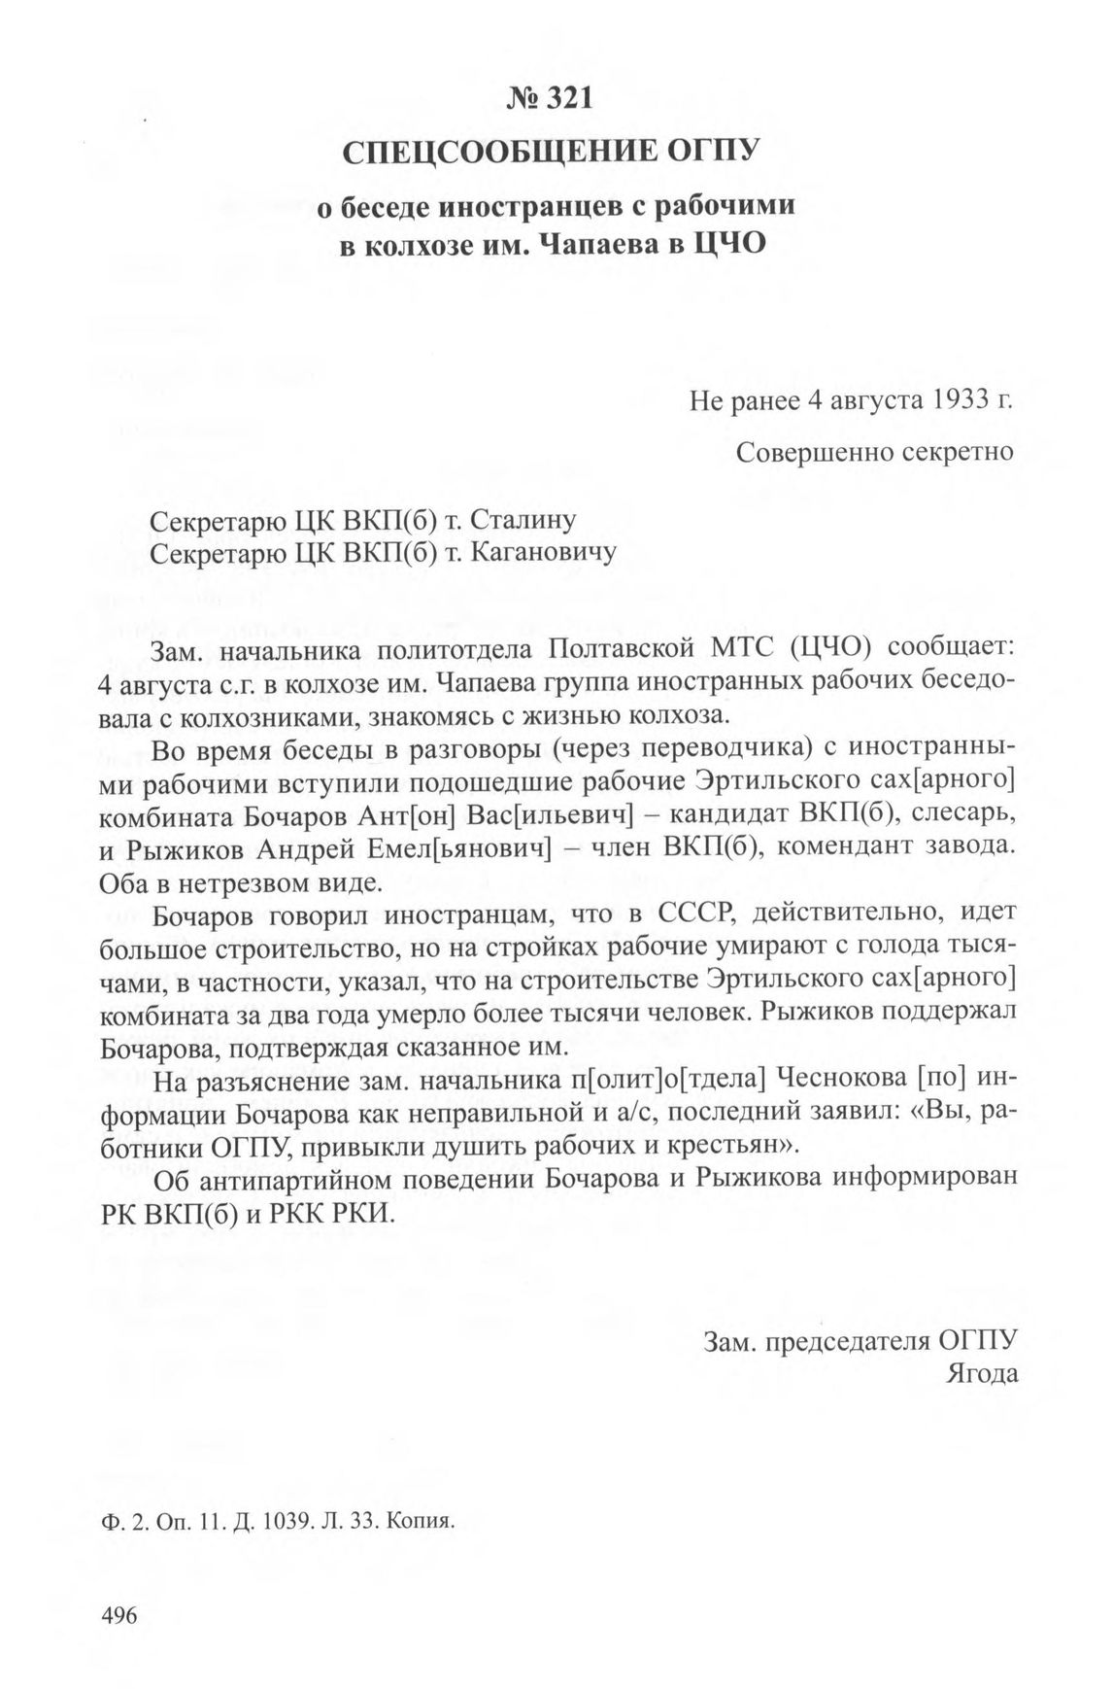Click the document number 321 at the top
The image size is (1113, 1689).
pos(571,99)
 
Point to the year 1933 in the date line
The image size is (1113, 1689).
pos(947,401)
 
